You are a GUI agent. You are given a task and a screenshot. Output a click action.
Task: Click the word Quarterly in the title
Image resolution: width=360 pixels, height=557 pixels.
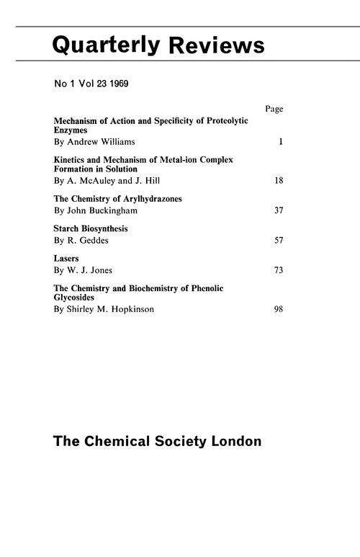pos(105,46)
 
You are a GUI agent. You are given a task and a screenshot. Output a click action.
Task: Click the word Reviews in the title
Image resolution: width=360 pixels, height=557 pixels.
pos(217,45)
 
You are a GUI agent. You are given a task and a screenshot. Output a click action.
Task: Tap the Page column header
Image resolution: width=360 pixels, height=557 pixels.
pos(274,109)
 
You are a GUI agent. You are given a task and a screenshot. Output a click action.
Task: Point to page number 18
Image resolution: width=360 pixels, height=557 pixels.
pos(279,180)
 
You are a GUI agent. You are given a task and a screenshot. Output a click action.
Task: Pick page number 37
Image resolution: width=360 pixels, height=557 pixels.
pos(279,210)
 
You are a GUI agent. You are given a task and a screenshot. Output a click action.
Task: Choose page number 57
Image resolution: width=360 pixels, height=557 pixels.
pos(279,241)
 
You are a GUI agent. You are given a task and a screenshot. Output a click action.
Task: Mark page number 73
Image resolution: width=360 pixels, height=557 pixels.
pos(279,270)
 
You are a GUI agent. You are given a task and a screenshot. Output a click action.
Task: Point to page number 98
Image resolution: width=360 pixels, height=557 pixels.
pos(279,309)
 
